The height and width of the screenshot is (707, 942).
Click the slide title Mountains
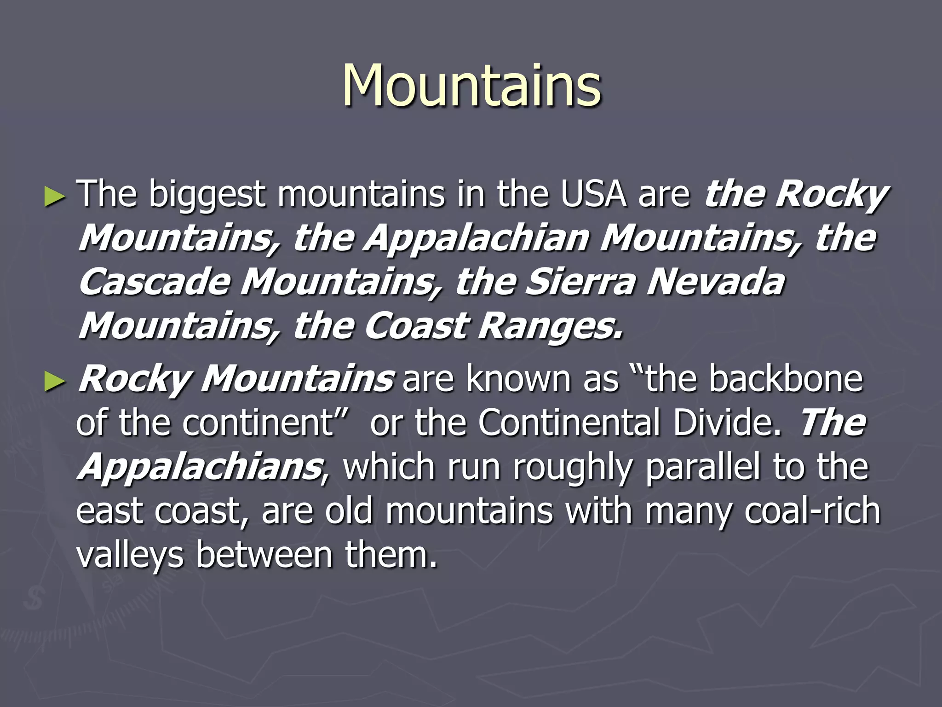point(471,86)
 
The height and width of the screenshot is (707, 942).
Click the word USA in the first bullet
point(593,194)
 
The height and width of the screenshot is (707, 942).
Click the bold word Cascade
point(155,282)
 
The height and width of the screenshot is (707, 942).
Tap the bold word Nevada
point(716,282)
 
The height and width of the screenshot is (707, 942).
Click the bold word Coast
point(416,326)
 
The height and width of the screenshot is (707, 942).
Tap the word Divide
point(727,422)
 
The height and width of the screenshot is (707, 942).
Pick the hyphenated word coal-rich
point(812,511)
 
